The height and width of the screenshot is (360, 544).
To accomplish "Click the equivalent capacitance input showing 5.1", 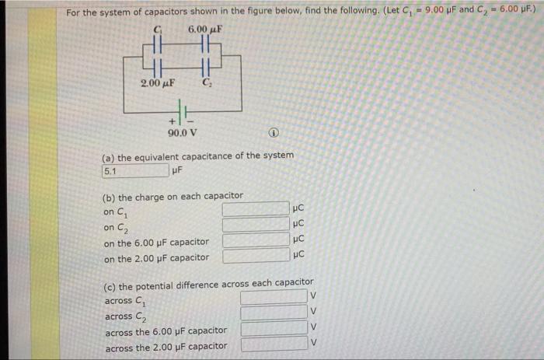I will click(134, 170).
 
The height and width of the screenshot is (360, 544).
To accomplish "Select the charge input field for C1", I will click(255, 209).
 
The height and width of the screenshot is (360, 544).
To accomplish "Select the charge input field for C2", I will click(255, 225).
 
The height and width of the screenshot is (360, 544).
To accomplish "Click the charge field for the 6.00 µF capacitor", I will click(255, 241).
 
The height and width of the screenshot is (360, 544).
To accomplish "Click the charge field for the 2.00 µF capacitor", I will click(255, 257).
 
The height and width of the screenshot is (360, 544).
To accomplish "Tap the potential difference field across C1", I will click(273, 298).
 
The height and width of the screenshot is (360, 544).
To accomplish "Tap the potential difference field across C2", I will click(273, 314).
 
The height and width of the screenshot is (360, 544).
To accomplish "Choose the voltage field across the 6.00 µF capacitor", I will click(273, 330).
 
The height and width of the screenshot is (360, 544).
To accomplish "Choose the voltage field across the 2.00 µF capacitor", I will click(273, 345).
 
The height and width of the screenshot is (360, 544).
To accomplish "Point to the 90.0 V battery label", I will click(181, 132).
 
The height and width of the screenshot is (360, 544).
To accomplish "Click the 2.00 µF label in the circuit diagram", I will click(158, 82).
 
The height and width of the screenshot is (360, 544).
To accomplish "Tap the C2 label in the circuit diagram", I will click(207, 82).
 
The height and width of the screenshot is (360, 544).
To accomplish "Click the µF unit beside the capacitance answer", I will click(177, 170).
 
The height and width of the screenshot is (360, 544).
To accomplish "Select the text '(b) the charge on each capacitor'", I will click(173, 195).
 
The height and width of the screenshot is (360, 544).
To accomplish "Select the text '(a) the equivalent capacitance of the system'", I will click(198, 156).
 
